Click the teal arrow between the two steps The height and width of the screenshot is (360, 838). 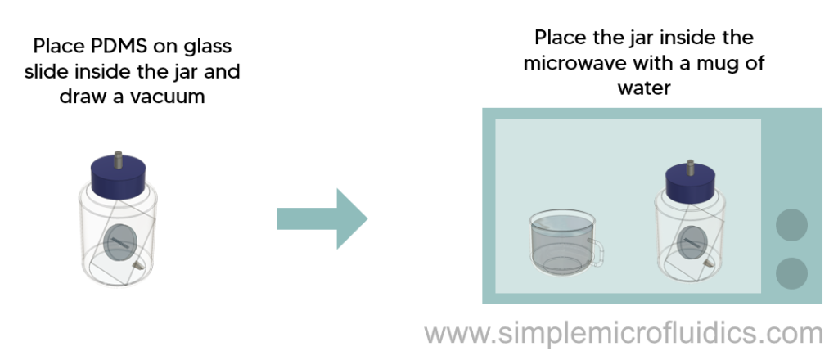tap(322, 218)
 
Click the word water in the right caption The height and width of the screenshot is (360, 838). tap(644, 88)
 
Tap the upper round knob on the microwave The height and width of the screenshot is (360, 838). tap(791, 225)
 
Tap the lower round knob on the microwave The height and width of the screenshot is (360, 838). tap(791, 273)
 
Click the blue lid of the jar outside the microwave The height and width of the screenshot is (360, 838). tap(119, 175)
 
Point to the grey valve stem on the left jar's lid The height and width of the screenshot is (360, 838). tap(118, 159)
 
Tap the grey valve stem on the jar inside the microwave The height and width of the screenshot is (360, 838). tap(690, 167)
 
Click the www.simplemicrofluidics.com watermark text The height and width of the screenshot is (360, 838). tap(624, 333)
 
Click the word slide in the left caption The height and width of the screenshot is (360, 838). tap(47, 71)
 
